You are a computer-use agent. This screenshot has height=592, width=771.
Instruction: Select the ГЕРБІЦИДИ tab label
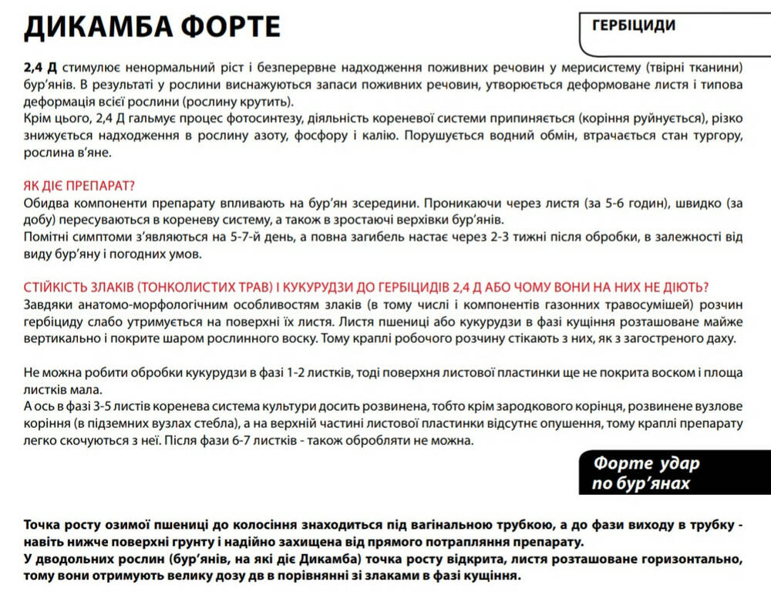(634, 25)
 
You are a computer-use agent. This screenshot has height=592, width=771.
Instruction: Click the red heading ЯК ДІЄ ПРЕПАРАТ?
(79, 187)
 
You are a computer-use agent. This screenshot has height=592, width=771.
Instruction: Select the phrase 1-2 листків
(316, 373)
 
